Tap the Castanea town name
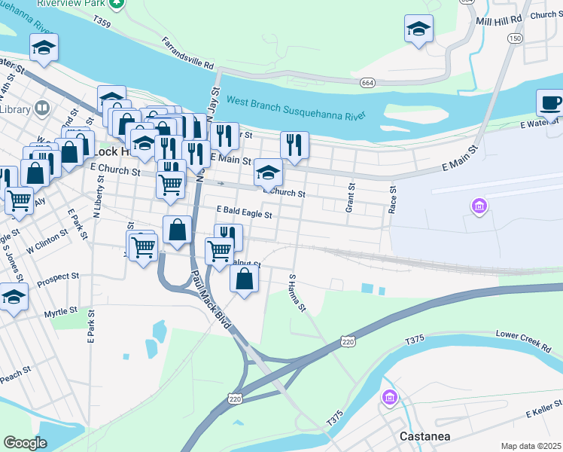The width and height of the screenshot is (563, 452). pos(420,436)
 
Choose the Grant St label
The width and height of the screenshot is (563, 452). pos(350,197)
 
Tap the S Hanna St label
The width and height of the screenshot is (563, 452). pos(297,292)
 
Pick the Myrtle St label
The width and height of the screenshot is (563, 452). pos(61,311)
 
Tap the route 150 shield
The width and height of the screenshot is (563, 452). pos(515,38)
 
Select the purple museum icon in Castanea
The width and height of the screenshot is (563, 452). pos(389,397)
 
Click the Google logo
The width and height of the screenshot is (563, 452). pos(26,443)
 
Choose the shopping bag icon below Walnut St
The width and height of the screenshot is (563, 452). pos(245,279)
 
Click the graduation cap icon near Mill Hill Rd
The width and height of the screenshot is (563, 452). pos(418,29)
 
